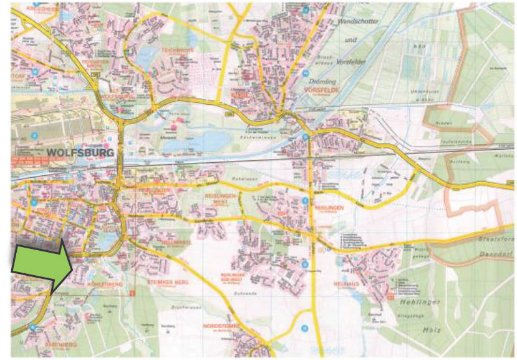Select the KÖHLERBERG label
[x=103, y=285]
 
